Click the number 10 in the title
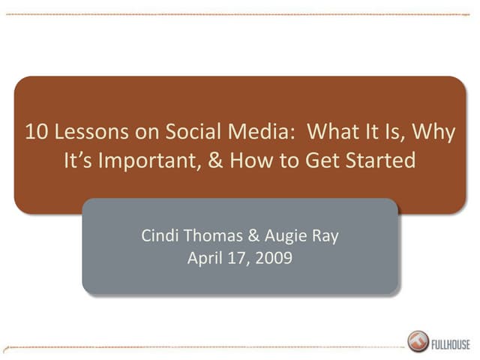(35, 132)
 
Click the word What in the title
(334, 132)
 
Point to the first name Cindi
(159, 236)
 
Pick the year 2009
(273, 259)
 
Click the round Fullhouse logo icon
(418, 341)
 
